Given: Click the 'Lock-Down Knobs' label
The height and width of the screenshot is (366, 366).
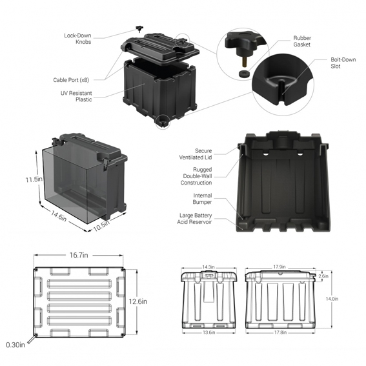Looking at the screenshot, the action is click(77, 39).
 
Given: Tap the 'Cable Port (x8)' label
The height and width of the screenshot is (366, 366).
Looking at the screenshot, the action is click(71, 80).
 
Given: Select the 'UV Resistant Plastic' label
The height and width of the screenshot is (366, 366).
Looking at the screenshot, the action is click(76, 96).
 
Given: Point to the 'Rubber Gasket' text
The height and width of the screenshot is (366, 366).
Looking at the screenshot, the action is click(302, 41).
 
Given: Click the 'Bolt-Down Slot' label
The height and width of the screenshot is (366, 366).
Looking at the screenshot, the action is click(343, 63).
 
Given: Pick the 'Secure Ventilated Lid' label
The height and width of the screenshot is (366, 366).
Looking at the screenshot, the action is click(196, 154).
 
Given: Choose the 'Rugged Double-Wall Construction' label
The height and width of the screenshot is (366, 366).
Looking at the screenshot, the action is click(196, 176).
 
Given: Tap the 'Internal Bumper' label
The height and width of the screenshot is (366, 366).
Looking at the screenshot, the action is click(202, 199).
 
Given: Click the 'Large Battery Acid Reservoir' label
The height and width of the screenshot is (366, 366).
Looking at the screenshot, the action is click(194, 218).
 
